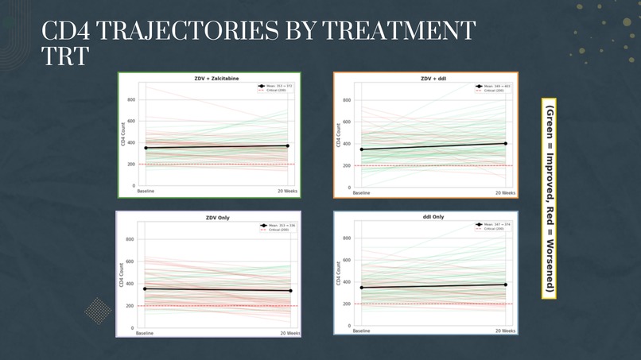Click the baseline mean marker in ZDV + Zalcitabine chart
pyautogui.click(x=146, y=148)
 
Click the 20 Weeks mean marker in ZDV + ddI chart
pyautogui.click(x=505, y=144)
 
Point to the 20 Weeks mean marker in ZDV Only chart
pyautogui.click(x=289, y=291)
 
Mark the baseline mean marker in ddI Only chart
pyautogui.click(x=361, y=288)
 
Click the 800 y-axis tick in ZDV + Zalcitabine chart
pyautogui.click(x=130, y=99)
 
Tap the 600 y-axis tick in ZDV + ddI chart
pyautogui.click(x=347, y=122)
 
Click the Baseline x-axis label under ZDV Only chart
pyautogui.click(x=146, y=334)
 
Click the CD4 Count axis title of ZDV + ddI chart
pyautogui.click(x=337, y=135)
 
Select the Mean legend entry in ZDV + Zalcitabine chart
pyautogui.click(x=274, y=85)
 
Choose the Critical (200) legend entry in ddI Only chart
pyautogui.click(x=489, y=230)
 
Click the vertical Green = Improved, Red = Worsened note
pyautogui.click(x=550, y=199)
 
